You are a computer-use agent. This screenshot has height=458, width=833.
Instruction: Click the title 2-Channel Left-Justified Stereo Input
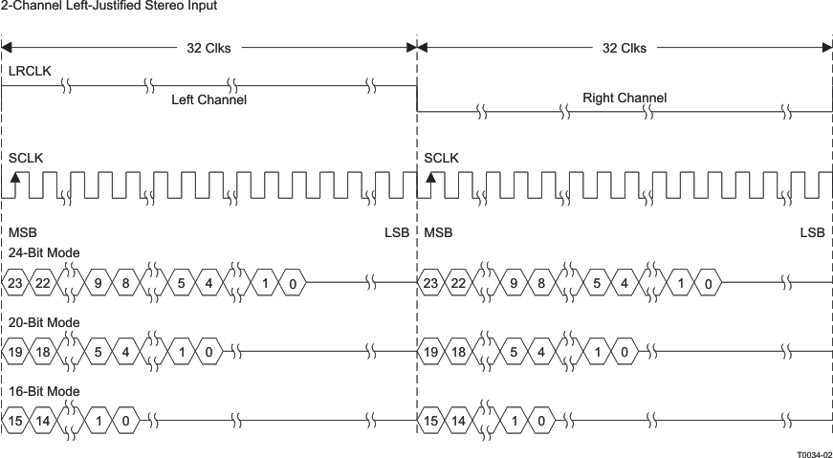pyautogui.click(x=108, y=6)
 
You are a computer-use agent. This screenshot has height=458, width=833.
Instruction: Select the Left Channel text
pyautogui.click(x=208, y=99)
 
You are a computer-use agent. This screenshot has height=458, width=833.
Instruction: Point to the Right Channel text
pyautogui.click(x=624, y=98)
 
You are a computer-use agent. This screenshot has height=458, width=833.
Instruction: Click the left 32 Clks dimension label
pyautogui.click(x=208, y=48)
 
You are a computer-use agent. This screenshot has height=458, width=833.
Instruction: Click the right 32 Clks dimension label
pyautogui.click(x=624, y=48)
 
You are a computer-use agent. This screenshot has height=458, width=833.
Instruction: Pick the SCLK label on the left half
pyautogui.click(x=26, y=156)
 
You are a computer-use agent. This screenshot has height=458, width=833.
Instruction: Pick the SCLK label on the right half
pyautogui.click(x=441, y=156)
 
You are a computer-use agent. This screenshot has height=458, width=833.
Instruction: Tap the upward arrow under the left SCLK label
pyautogui.click(x=15, y=178)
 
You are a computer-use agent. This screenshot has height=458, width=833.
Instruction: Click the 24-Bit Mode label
pyautogui.click(x=44, y=252)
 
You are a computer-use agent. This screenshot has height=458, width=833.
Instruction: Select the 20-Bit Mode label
pyautogui.click(x=44, y=322)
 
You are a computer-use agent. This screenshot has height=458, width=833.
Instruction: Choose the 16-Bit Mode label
pyautogui.click(x=44, y=391)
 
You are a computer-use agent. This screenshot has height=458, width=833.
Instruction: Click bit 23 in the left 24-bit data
pyautogui.click(x=14, y=283)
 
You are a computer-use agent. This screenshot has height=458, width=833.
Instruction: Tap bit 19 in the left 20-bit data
pyautogui.click(x=14, y=352)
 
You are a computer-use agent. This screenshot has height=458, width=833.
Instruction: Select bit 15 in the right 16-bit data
pyautogui.click(x=430, y=422)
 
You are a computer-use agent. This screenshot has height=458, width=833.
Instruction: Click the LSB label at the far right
pyautogui.click(x=812, y=232)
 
